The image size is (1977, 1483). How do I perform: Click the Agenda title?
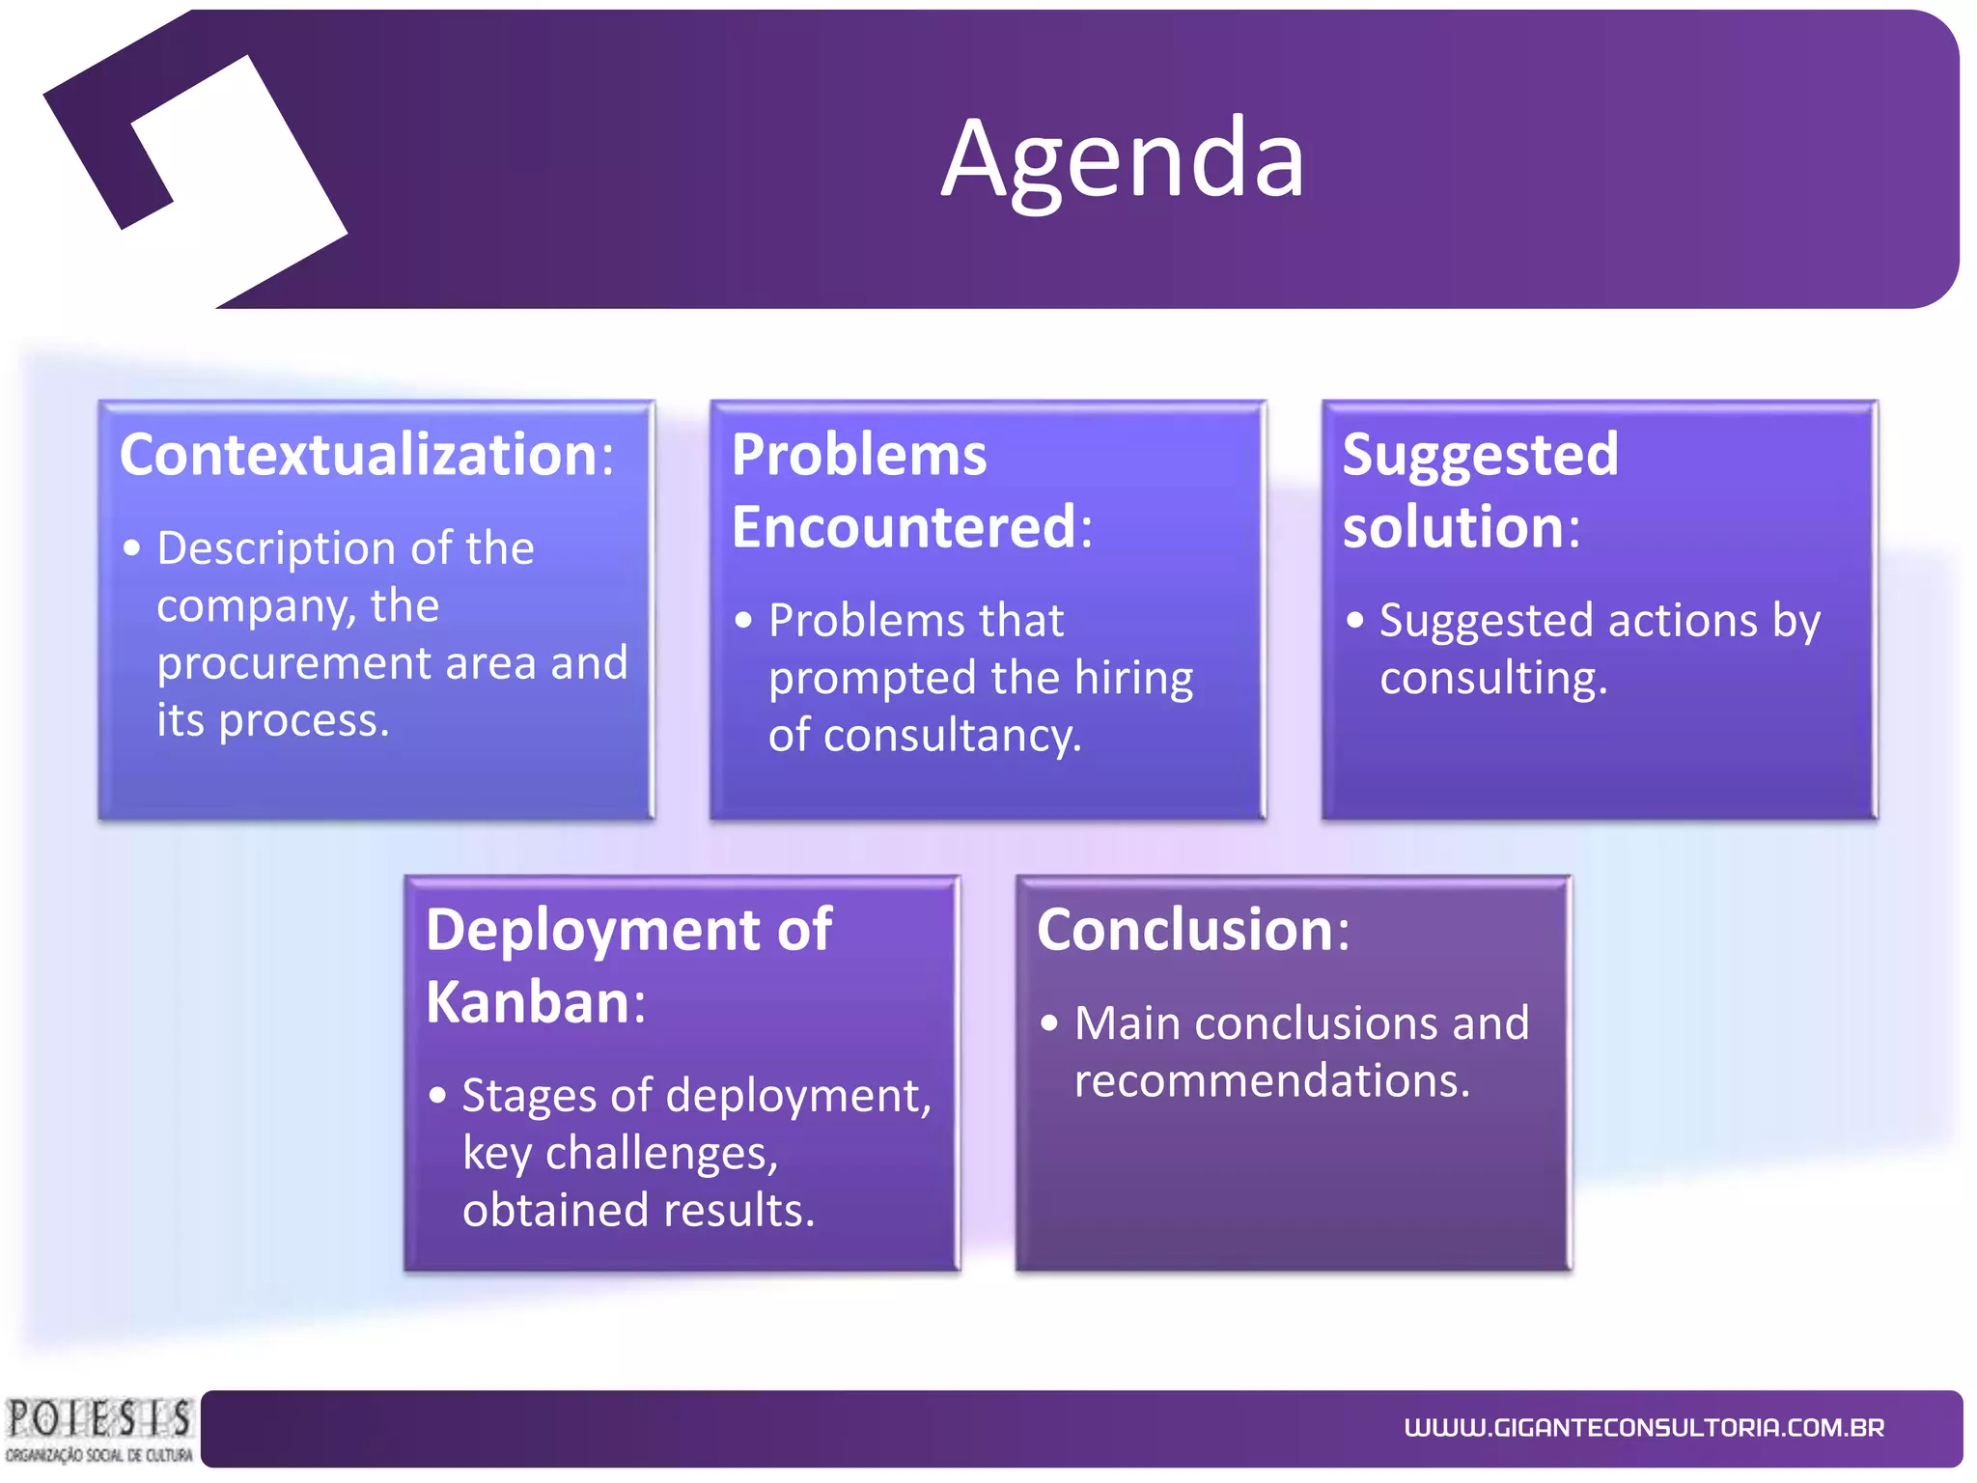click(x=1122, y=159)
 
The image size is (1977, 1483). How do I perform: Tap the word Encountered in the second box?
click(x=903, y=527)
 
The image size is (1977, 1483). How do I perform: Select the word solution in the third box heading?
click(x=1453, y=527)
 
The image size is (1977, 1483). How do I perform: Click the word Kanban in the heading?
click(x=528, y=1002)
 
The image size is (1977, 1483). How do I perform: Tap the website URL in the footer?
click(x=1644, y=1428)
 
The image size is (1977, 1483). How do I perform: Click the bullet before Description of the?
click(x=132, y=548)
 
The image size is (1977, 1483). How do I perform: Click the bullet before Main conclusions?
click(x=1049, y=1023)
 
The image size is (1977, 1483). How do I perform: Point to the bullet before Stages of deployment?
click(x=438, y=1096)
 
